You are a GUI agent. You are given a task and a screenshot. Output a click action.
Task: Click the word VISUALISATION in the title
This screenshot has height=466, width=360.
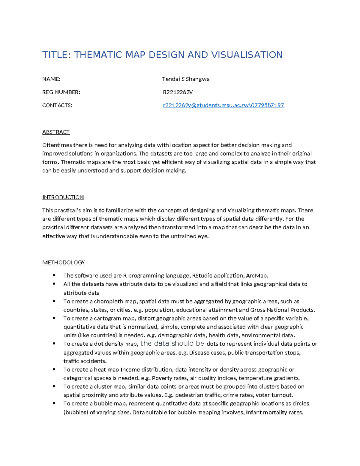coord(247,55)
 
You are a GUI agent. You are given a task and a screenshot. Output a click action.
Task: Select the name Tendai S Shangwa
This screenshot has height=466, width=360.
coord(186,79)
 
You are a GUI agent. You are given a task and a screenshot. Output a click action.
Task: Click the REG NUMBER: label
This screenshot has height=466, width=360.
coord(61,92)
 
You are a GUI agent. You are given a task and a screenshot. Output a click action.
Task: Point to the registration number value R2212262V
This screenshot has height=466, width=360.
coord(178,92)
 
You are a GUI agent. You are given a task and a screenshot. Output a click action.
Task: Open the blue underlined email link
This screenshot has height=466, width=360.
coord(223,105)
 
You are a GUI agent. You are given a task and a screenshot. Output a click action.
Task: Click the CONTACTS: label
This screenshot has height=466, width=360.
coord(57,105)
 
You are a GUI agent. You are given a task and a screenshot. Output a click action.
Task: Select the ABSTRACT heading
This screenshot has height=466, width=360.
coord(56,132)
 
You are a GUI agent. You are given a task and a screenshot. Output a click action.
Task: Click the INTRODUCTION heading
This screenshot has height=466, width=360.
coord(63,197)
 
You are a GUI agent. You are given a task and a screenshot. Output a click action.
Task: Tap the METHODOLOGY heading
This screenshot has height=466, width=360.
coord(64,263)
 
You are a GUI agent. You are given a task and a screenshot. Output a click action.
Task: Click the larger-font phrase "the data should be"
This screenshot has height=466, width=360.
coord(172,344)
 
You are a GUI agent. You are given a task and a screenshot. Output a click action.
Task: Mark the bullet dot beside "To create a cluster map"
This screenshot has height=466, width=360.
coord(54,386)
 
